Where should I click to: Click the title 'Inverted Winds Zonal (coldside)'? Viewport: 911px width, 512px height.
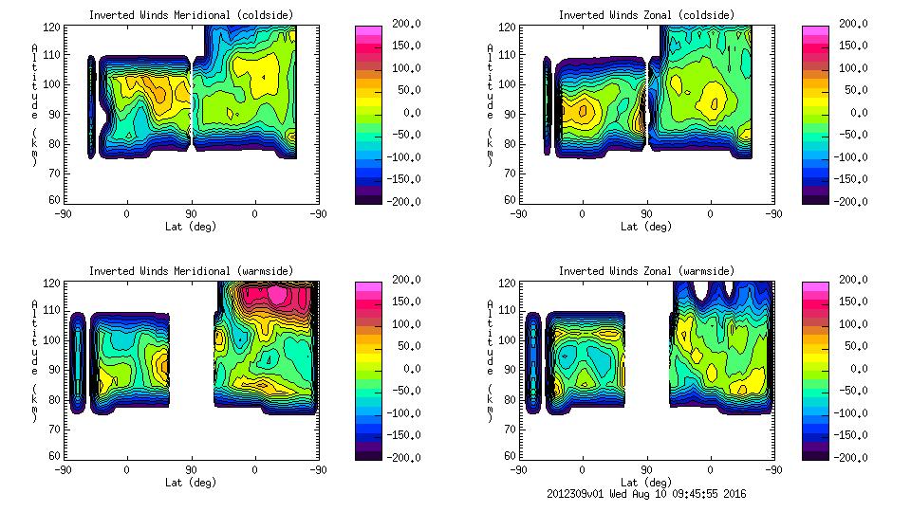646,15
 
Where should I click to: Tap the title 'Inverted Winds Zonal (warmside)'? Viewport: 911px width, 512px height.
646,271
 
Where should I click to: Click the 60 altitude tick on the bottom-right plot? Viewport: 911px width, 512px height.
508,456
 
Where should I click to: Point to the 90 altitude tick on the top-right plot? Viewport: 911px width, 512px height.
508,113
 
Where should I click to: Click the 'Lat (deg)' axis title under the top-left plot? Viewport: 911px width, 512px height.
191,227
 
